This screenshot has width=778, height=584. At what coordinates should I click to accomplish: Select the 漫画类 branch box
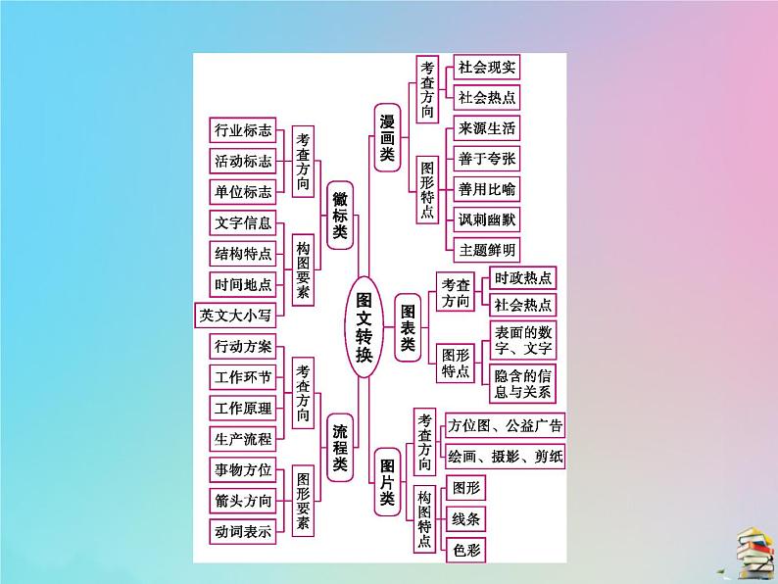pos(388,136)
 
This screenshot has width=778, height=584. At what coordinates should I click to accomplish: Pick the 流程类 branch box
pos(339,448)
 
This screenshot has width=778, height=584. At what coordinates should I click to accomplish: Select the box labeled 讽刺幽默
pos(486,219)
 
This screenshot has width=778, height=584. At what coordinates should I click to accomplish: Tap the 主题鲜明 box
pos(486,249)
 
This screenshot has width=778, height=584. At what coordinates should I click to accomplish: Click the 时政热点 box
pos(522,276)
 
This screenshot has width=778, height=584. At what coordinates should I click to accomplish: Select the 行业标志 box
pos(243,130)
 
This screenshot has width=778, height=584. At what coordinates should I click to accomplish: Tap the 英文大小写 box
pos(236,314)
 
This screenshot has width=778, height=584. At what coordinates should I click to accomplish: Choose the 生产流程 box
pos(243,438)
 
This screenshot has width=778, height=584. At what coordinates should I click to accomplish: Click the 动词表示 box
pos(243,530)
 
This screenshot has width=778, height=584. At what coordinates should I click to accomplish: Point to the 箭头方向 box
pos(243,500)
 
